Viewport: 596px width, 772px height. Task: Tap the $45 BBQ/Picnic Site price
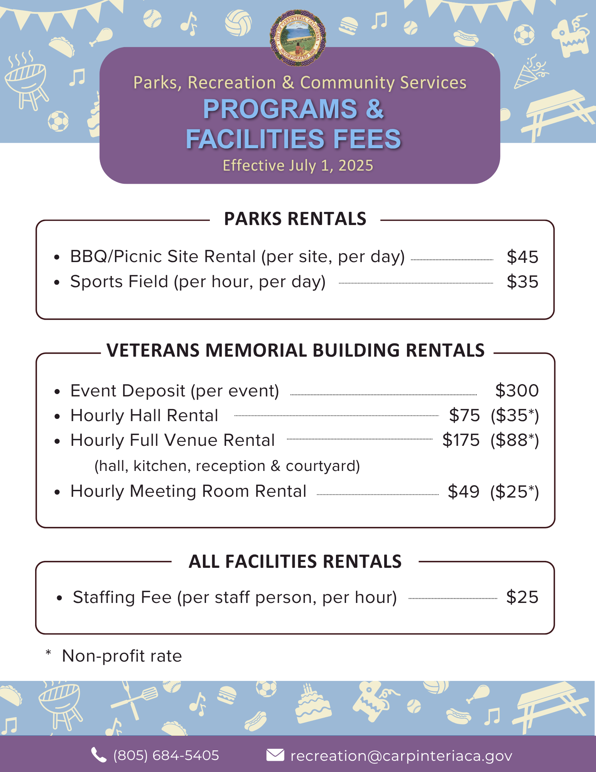tap(522, 257)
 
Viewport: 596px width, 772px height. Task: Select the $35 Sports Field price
tap(522, 282)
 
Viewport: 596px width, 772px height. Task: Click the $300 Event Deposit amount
tap(517, 391)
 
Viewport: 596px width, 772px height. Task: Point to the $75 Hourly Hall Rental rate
tap(464, 416)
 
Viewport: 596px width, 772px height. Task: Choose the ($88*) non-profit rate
tap(515, 440)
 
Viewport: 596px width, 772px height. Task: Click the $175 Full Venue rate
tap(461, 440)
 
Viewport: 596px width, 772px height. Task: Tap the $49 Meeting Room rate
tap(463, 492)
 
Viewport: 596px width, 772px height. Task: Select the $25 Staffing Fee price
tap(522, 597)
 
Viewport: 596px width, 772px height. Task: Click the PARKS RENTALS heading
tap(295, 219)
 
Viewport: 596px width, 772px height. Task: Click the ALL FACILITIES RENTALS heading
tap(295, 562)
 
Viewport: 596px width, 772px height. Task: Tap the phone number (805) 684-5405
tap(166, 755)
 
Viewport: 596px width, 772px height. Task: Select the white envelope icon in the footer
tap(275, 755)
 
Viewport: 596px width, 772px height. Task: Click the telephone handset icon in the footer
tap(99, 755)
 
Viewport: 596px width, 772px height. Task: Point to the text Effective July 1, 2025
tap(298, 166)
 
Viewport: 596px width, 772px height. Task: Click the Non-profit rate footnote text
tap(122, 656)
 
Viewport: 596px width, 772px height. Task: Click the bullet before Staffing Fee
tap(59, 598)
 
